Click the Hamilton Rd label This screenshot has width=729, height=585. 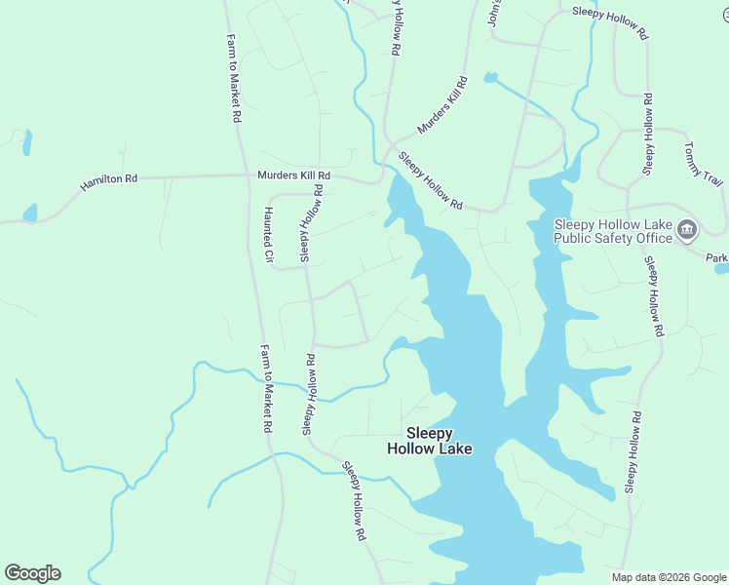point(108,180)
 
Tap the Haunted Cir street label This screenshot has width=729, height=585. point(270,235)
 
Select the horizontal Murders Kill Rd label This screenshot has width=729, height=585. point(293,175)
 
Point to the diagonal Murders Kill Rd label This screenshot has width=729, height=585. point(442,105)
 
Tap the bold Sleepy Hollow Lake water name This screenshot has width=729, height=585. point(430,441)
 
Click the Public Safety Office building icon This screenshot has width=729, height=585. point(687,230)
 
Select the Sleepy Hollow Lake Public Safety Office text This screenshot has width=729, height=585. point(613,231)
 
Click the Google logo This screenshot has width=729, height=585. point(32,573)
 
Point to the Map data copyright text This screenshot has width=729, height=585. point(668,577)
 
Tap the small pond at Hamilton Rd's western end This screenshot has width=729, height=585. point(30,213)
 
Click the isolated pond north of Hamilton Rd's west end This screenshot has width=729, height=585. point(26,142)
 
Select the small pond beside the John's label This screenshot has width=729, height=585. point(490,77)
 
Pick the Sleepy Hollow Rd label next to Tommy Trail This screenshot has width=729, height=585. point(647,135)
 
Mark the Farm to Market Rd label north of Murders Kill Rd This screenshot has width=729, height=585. point(234,78)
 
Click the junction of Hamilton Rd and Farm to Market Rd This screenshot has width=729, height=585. point(246,176)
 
